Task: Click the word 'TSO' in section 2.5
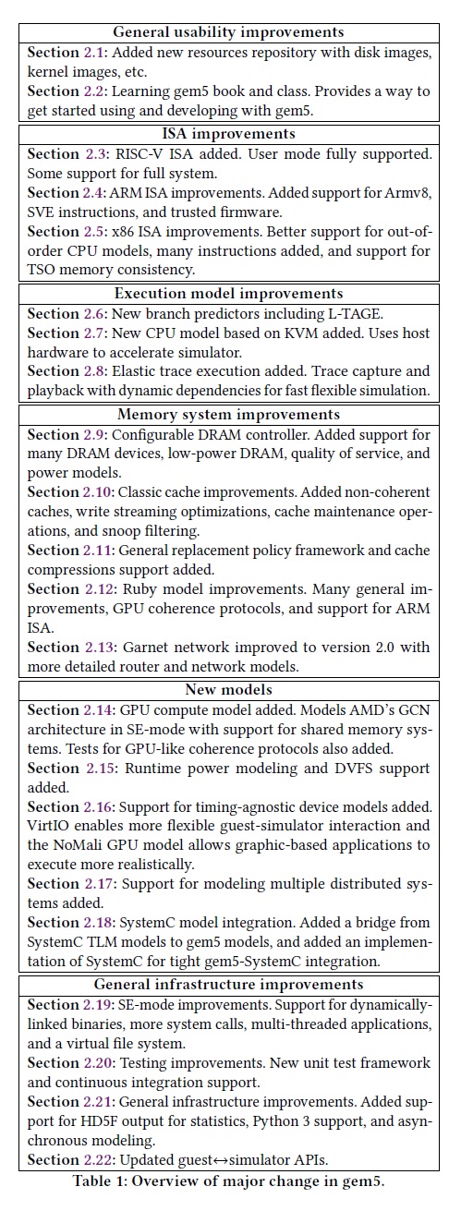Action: click(x=46, y=272)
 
